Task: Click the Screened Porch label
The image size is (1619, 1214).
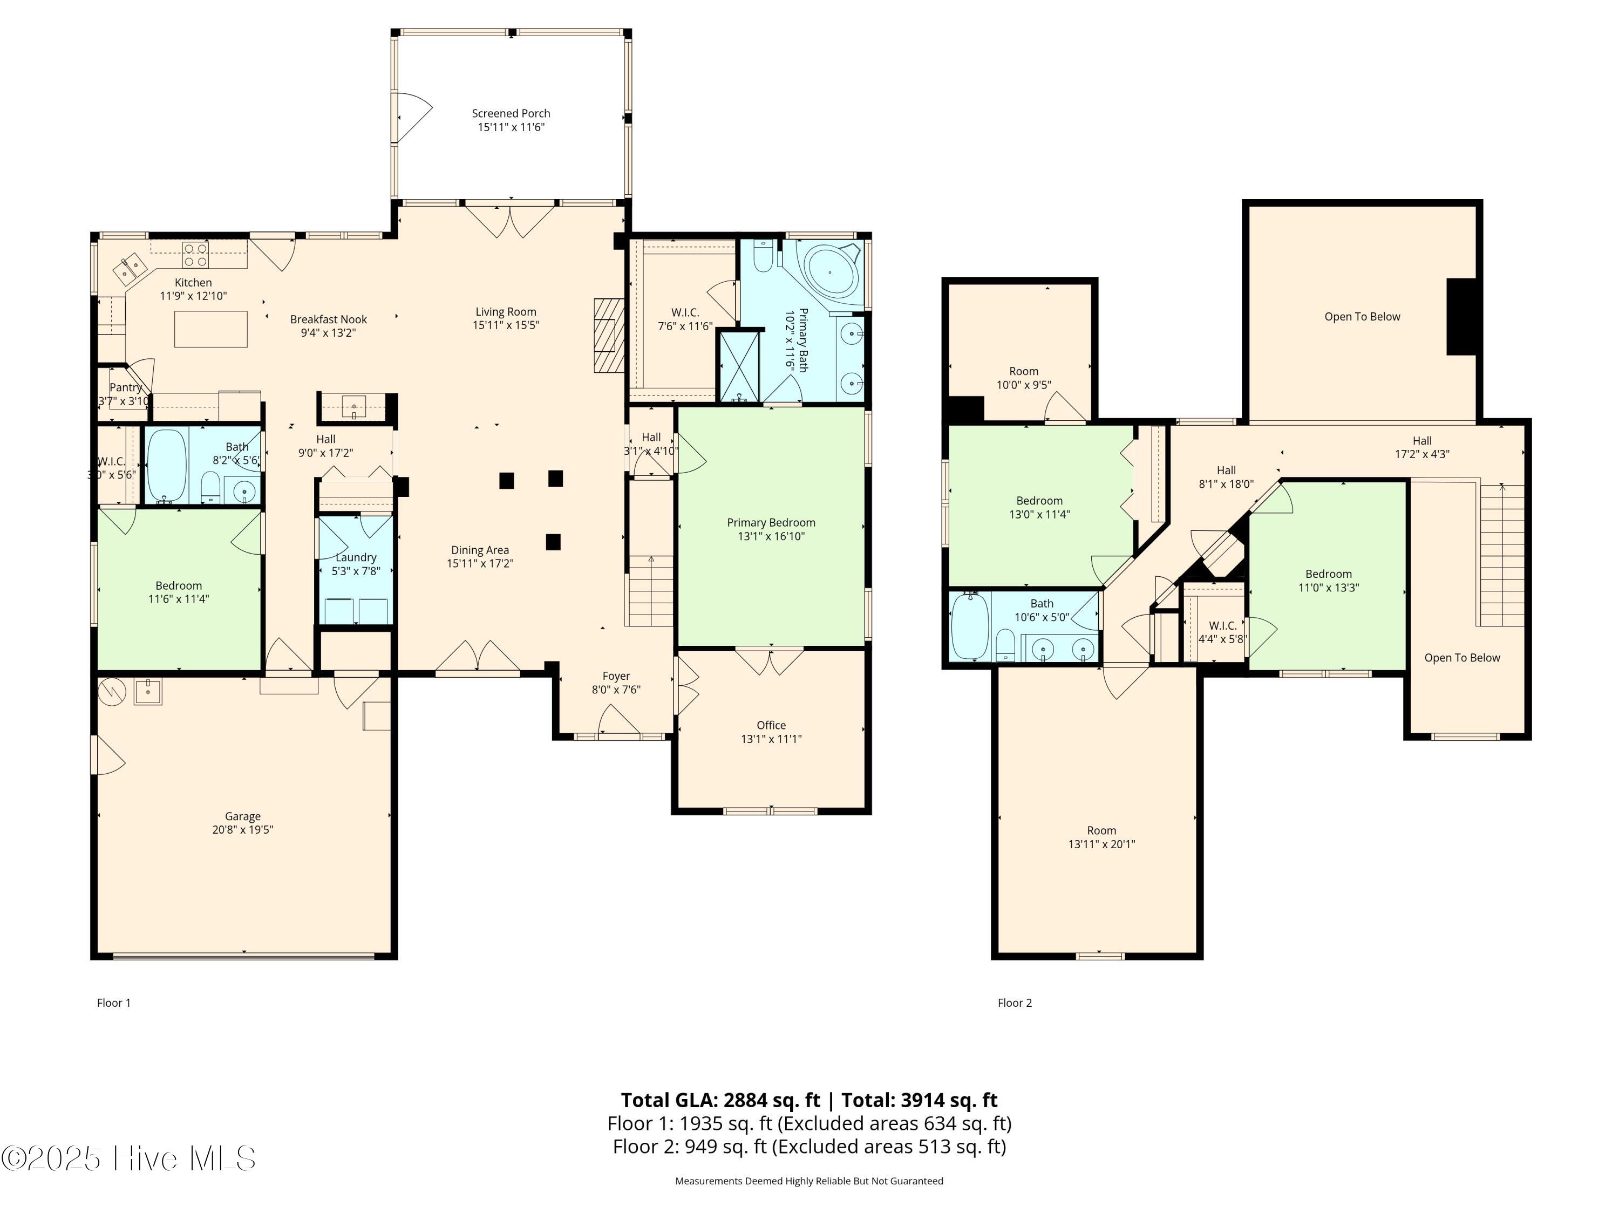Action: point(511,113)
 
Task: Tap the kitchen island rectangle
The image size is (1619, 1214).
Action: point(211,329)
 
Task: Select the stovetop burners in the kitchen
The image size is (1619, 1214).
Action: point(195,255)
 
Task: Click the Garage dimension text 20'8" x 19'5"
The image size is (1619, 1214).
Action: point(242,829)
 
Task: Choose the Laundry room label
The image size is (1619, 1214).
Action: point(356,557)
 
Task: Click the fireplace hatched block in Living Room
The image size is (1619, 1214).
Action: point(608,336)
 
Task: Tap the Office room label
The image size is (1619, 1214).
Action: point(771,725)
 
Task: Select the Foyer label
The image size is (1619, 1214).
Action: point(616,676)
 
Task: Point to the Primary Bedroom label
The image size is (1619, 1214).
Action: point(771,522)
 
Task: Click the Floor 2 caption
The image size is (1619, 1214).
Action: point(1015,1002)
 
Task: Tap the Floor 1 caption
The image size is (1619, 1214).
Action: point(113,1002)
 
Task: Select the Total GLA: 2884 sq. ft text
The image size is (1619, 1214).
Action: point(720,1100)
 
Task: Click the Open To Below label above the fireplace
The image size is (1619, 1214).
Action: point(1362,317)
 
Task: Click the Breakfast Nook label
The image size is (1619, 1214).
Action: point(328,319)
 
